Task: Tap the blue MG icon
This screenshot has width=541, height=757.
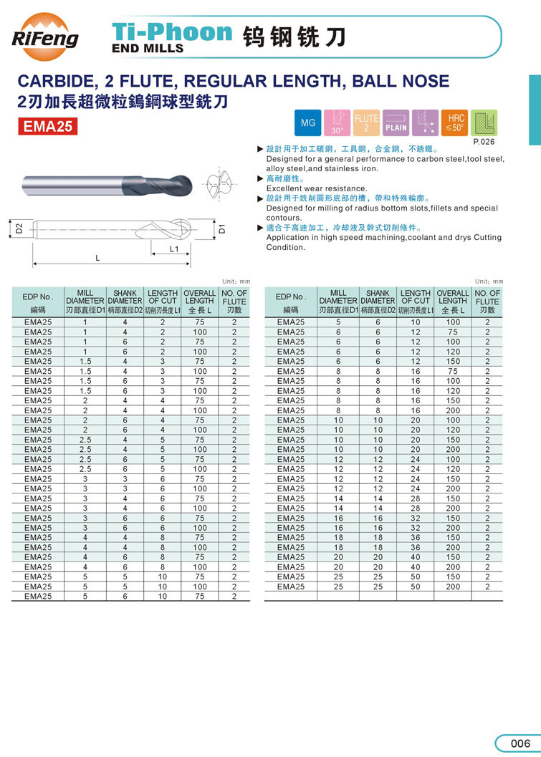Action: click(x=307, y=123)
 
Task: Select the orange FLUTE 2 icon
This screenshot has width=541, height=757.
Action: click(x=366, y=123)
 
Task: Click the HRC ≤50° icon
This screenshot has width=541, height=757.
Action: click(x=455, y=123)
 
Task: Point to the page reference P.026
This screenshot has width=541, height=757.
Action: click(x=484, y=142)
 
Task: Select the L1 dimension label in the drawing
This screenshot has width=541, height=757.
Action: click(x=173, y=249)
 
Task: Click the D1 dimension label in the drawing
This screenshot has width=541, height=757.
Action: click(x=222, y=228)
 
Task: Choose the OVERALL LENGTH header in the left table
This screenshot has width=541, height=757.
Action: click(x=199, y=302)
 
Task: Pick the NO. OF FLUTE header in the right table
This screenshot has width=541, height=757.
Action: click(x=487, y=302)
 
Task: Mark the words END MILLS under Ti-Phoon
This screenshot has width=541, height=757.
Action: click(x=148, y=49)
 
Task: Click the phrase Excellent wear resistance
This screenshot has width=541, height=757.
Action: click(x=316, y=188)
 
